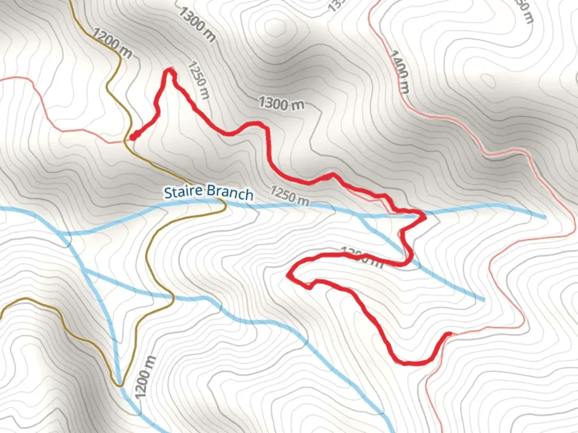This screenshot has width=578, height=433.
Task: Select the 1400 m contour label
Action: coord(399,72)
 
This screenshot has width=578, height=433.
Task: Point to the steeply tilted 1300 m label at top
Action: coord(197,24)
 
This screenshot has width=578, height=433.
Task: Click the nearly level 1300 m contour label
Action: coord(281,103)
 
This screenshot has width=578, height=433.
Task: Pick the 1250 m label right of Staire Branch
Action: coord(289,195)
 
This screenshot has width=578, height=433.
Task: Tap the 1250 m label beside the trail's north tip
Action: coord(199,80)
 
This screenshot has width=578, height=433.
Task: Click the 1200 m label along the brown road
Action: coord(112,42)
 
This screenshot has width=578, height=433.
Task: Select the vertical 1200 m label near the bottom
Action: coord(144,377)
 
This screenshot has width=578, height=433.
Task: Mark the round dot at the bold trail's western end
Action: coord(132,138)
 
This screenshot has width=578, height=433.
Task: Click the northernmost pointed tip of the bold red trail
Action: coord(171,70)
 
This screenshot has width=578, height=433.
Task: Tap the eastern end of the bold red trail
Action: coord(449,334)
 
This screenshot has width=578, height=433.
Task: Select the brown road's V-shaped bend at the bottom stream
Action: coord(120,385)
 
